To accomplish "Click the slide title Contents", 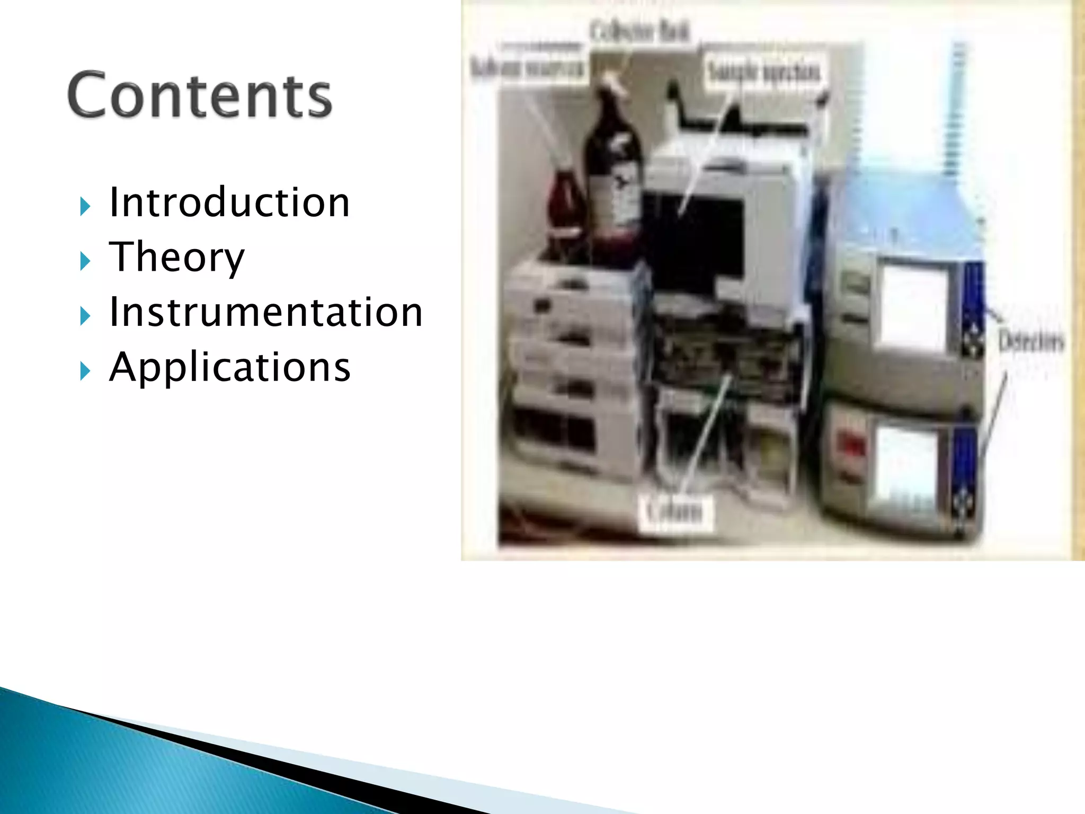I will (200, 95).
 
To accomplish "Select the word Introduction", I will (229, 202).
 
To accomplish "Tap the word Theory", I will (176, 257).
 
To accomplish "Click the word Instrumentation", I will (265, 312).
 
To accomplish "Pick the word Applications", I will (229, 367).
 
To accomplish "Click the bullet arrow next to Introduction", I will (85, 206).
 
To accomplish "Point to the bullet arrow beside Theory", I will (85, 261).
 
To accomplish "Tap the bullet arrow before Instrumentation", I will (85, 316).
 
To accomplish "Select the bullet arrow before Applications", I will (85, 371).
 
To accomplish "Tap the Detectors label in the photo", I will (1030, 341).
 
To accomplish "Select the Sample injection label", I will (764, 72).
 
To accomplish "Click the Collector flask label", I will (639, 33).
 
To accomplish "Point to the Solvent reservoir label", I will (528, 69).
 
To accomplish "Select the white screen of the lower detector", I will (906, 466).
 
